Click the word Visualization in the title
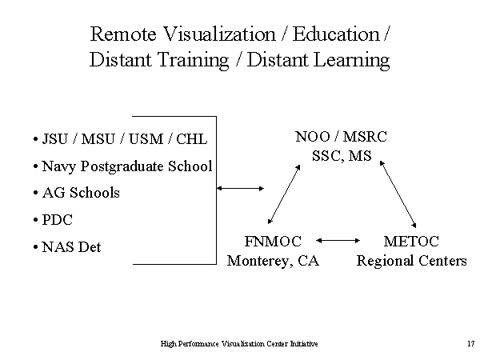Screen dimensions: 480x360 [219, 34]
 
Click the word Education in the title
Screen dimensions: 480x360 [336, 34]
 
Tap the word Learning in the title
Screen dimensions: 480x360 [352, 60]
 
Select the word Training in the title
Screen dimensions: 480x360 [193, 60]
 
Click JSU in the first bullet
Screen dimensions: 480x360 [54, 139]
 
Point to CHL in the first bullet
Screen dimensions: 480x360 [192, 139]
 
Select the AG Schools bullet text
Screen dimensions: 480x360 [81, 193]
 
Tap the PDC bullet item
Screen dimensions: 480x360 [57, 220]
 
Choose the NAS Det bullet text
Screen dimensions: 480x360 [71, 246]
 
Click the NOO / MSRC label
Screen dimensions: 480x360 [341, 137]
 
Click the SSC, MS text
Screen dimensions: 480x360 [342, 156]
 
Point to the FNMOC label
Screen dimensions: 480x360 [273, 242]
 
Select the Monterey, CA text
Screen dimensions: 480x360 [273, 261]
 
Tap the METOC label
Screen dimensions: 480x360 [411, 242]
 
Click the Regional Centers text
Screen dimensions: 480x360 [412, 261]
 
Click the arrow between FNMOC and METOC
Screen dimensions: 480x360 [338, 241]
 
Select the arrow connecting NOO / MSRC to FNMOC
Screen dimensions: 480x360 [284, 194]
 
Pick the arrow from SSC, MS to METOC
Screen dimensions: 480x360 [398, 194]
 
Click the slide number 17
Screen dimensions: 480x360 [471, 343]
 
